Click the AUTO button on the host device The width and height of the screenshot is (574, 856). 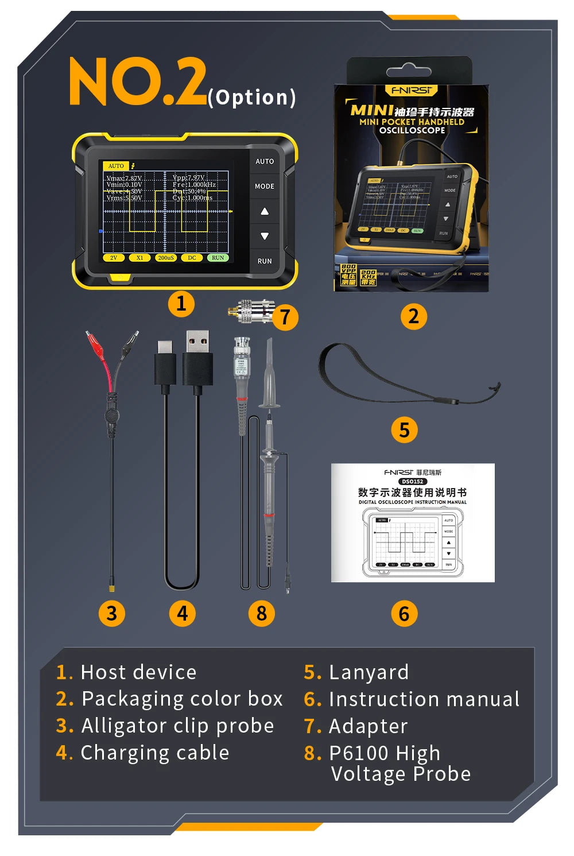(x=265, y=161)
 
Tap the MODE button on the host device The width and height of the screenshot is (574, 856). (x=265, y=186)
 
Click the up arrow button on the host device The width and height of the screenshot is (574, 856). (x=265, y=211)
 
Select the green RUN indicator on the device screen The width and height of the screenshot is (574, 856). (x=218, y=258)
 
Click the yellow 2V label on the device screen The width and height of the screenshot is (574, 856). (x=114, y=258)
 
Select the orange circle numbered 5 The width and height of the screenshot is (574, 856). (x=404, y=429)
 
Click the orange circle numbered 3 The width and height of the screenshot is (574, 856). (x=111, y=613)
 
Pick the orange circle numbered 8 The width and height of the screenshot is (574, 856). (x=262, y=613)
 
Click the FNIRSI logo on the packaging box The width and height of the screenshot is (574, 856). (x=411, y=90)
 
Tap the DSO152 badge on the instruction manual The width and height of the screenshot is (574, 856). (x=412, y=481)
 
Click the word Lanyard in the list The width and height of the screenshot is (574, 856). (x=369, y=672)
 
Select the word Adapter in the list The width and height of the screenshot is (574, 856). (x=368, y=726)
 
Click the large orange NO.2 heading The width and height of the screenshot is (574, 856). (x=138, y=82)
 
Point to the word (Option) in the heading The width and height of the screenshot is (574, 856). (x=252, y=97)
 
